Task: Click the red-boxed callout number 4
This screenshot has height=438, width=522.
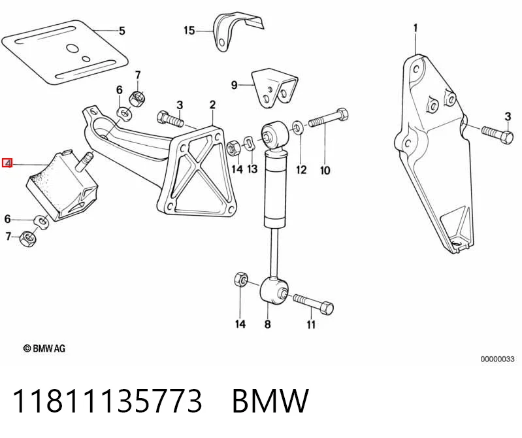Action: click(7, 163)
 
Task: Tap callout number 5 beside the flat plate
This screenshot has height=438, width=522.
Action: click(122, 31)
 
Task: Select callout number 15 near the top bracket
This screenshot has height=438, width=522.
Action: click(189, 31)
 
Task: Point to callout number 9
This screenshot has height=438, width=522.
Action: click(235, 85)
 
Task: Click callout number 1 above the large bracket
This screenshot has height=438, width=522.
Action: click(415, 29)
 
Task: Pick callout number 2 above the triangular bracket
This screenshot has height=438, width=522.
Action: click(212, 105)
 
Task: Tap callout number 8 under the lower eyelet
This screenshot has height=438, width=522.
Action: click(268, 324)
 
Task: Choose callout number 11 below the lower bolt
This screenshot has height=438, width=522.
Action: click(311, 324)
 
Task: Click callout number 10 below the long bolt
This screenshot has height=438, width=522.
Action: click(325, 170)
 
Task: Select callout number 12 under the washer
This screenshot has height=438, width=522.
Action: click(301, 170)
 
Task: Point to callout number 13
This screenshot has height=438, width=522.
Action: click(252, 169)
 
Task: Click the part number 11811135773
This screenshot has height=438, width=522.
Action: click(107, 401)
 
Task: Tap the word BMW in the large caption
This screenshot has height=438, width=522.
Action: click(270, 401)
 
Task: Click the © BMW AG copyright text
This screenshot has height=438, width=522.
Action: click(44, 348)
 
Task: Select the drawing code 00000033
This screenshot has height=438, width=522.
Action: click(497, 359)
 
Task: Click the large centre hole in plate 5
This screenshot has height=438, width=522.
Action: click(73, 49)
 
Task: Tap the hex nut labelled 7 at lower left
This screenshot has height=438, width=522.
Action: click(28, 239)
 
